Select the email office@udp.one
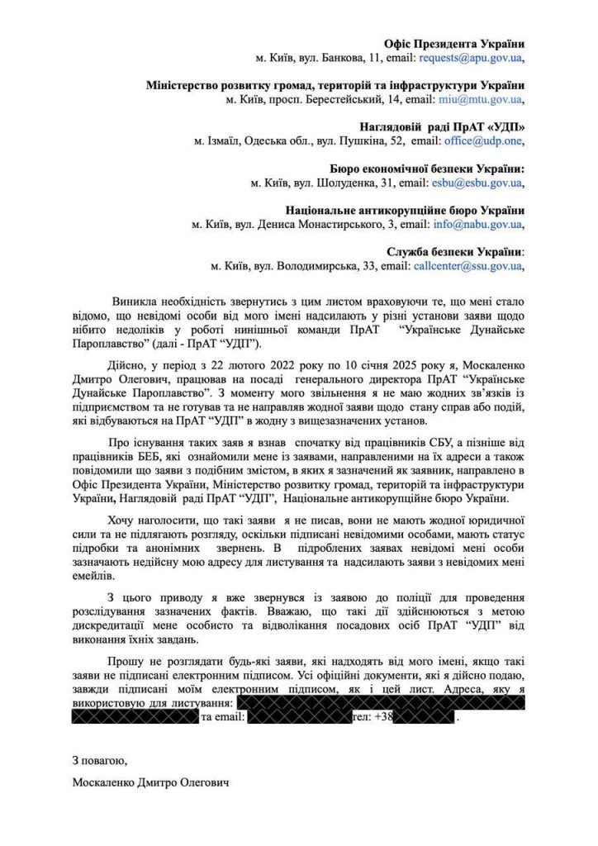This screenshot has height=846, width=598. (x=482, y=141)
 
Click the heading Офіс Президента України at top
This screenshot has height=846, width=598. (x=454, y=43)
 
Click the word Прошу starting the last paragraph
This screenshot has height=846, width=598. (x=125, y=660)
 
